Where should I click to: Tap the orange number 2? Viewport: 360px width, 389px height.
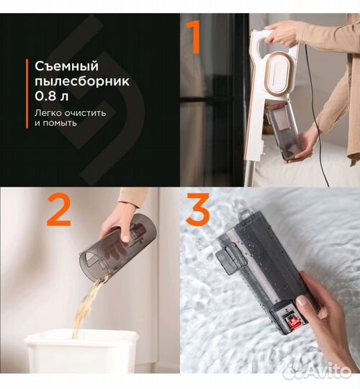(x=59, y=211)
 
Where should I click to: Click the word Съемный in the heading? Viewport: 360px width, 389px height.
(x=63, y=66)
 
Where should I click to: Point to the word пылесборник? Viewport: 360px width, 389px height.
(x=82, y=81)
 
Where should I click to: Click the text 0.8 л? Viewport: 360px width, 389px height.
(x=50, y=97)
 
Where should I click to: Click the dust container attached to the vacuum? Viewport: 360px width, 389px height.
(x=281, y=130)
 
